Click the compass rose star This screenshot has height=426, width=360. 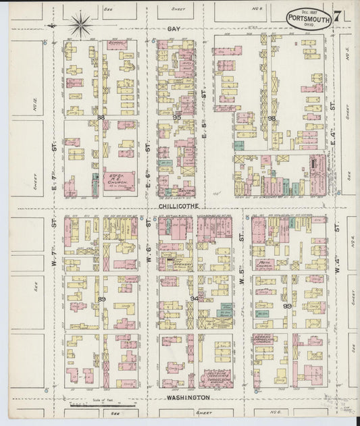[80, 25]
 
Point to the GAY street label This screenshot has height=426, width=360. [175, 30]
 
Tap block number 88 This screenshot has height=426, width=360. [101, 117]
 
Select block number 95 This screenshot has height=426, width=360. [177, 117]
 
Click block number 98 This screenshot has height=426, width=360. [272, 118]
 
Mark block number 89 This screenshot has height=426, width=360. [101, 298]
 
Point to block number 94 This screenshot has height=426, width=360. [195, 298]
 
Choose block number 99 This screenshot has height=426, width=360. [287, 306]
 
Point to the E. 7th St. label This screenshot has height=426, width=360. [53, 162]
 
